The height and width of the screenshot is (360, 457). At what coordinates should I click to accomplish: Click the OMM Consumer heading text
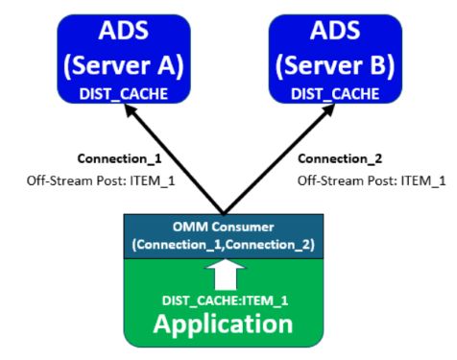point(224,226)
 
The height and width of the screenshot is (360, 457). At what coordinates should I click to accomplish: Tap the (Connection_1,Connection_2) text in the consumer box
point(224,243)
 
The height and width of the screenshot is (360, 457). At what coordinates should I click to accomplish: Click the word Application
point(224,324)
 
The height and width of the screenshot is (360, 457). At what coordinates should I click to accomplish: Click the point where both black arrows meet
point(224,213)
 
